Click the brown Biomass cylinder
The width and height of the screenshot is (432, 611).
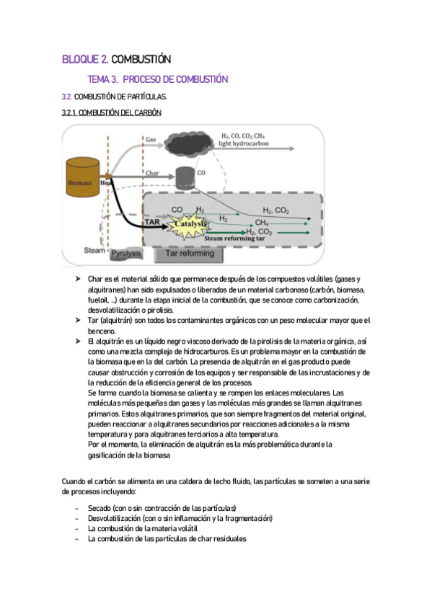(82, 177)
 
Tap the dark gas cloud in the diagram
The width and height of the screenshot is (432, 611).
(189, 143)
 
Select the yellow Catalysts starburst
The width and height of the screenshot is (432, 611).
(189, 226)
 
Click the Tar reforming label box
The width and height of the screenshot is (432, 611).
(190, 254)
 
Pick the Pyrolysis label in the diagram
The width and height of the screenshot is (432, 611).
(125, 254)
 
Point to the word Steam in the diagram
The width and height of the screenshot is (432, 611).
(94, 251)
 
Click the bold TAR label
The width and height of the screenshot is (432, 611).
(152, 222)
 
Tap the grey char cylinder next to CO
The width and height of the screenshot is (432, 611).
(185, 179)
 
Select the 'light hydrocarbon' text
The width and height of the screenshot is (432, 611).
(243, 143)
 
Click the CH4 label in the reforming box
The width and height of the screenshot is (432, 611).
(261, 223)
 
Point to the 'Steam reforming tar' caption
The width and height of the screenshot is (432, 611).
(234, 238)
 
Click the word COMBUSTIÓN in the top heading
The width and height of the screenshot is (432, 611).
(141, 59)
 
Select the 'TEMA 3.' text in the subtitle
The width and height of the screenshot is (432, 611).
(102, 79)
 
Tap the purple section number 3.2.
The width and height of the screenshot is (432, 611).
(66, 97)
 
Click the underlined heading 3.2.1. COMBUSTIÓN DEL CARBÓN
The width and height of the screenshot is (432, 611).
(112, 112)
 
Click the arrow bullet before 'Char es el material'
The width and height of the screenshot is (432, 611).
(78, 279)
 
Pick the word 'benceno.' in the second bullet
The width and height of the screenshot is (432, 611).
(102, 331)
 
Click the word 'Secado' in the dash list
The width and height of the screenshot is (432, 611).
(100, 508)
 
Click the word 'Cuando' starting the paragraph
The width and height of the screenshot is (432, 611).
(74, 481)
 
